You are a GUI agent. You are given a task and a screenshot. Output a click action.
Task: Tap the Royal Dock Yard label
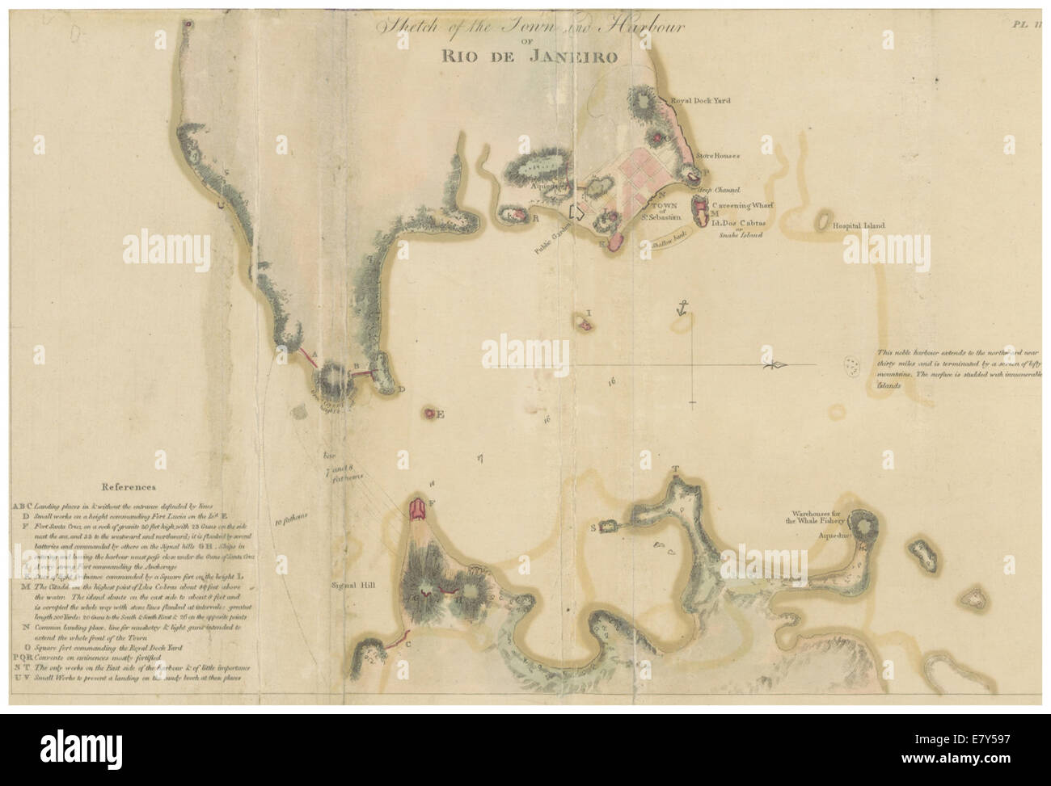coord(700,101)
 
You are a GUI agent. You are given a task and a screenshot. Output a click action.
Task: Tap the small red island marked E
coord(429,414)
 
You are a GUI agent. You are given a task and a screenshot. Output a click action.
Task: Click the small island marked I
coord(583,324)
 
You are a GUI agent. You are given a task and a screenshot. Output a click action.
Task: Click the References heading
coord(128,488)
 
